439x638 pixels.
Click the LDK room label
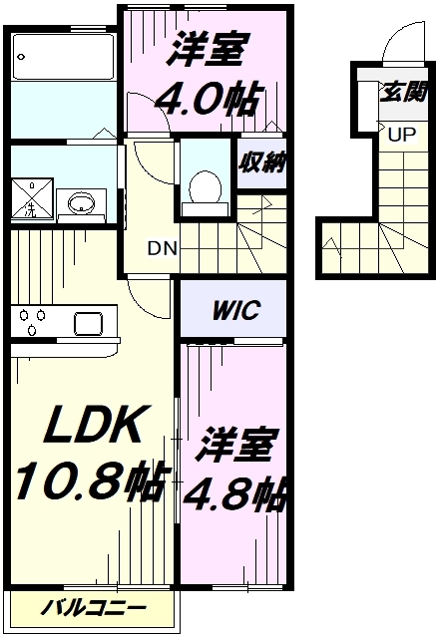94,424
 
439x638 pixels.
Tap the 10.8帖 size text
92,481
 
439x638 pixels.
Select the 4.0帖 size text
207,100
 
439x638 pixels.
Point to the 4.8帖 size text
234,495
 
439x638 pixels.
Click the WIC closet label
235,310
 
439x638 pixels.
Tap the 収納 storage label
261,162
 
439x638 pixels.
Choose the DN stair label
163,248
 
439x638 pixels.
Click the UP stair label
402,134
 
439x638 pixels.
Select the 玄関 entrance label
403,92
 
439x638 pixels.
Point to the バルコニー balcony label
93,608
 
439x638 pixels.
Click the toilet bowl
206,187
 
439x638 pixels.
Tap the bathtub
63,57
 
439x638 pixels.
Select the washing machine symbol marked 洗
32,198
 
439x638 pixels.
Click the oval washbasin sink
82,203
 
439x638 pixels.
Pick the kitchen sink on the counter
89,323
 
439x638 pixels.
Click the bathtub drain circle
21,57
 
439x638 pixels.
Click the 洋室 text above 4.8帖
235,445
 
